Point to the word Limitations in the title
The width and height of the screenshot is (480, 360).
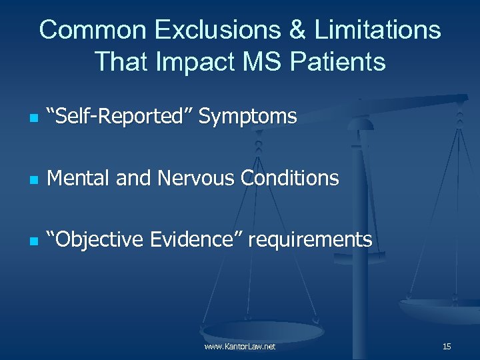[x=373, y=30]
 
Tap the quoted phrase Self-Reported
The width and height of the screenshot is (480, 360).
[x=121, y=117]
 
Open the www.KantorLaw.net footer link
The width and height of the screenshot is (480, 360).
[x=240, y=347]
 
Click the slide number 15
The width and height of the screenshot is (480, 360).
[x=447, y=347]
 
